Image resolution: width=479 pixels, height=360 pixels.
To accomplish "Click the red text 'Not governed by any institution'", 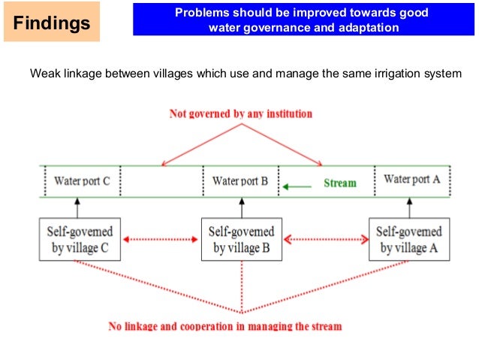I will (x=240, y=114).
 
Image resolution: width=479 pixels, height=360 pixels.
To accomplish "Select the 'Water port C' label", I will (x=82, y=181).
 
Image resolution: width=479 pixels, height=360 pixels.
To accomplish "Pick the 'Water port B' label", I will (x=240, y=181).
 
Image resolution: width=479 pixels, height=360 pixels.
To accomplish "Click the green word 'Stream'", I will (x=340, y=183).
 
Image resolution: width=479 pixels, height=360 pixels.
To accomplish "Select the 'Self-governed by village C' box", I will (x=79, y=239).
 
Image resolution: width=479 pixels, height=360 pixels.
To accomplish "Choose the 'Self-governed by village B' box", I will (x=242, y=239).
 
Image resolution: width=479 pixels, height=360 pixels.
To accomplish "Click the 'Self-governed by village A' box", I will (x=409, y=239).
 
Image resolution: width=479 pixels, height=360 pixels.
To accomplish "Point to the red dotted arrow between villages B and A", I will (x=325, y=240).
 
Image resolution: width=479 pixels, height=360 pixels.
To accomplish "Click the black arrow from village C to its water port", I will (x=78, y=207).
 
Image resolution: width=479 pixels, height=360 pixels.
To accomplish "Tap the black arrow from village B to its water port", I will (x=242, y=207).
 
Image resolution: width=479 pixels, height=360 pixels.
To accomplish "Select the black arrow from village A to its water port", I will (x=409, y=207).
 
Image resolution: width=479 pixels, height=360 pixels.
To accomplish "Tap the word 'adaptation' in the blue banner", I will (x=366, y=28).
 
